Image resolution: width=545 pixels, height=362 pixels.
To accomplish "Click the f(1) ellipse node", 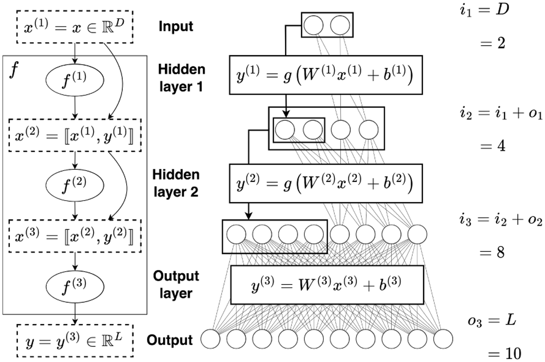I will pos(75,80).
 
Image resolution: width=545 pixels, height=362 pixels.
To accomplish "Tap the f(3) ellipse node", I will pos(75,286).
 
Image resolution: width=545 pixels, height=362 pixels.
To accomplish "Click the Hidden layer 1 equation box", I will pos(326,75).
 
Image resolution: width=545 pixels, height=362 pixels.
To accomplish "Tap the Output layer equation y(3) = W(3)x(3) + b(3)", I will pos(327,284).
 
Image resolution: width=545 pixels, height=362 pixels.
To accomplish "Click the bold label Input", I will pos(176,26).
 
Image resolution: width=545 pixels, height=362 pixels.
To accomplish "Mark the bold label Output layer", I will pos(176,284).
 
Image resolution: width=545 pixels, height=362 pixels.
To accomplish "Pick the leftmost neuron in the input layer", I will pos(313,25).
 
